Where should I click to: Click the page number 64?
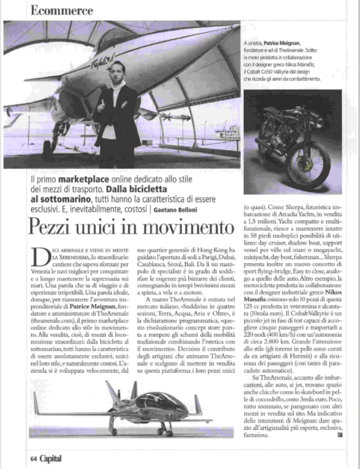click(33, 459)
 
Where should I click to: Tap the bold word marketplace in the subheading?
click(82, 180)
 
